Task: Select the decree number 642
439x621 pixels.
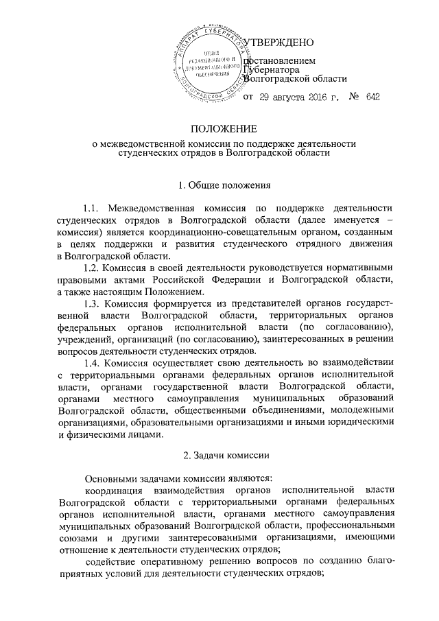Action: click(373, 98)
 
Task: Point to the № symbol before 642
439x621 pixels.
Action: click(355, 98)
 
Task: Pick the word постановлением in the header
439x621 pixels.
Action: click(280, 62)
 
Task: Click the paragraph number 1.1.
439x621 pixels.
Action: click(93, 208)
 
